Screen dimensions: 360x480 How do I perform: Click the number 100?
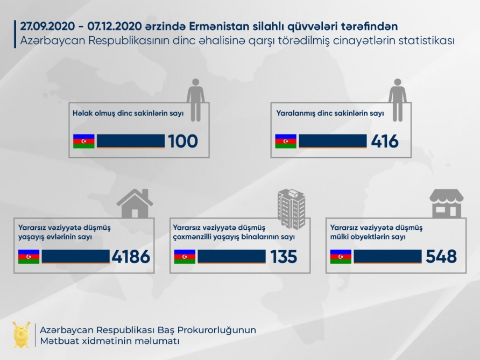183,142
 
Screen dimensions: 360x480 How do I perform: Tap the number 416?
385,142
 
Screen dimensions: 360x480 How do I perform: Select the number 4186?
131,257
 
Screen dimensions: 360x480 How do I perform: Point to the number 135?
284,257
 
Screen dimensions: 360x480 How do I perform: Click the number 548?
441,257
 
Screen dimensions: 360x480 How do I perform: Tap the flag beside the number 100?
84,141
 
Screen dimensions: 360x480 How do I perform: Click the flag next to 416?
286,141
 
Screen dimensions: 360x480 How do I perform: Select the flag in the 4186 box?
29,257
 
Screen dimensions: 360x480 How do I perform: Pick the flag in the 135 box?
185,257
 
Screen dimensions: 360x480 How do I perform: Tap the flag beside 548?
341,257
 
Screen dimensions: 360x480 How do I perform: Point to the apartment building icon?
291,208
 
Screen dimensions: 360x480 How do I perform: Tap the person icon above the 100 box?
195,100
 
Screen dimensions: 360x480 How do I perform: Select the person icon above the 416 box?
398,100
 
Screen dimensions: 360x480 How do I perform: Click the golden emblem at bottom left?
22,334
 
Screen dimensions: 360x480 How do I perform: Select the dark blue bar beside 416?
333,141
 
